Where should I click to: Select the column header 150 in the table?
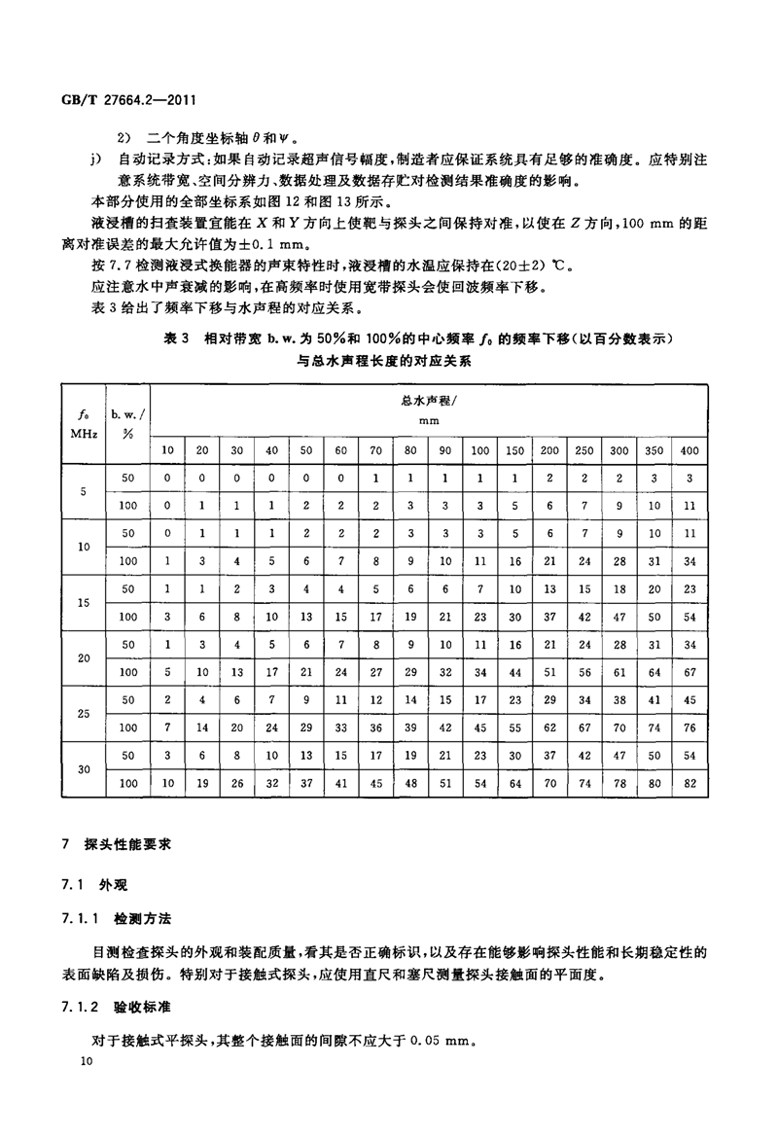click(x=514, y=449)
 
